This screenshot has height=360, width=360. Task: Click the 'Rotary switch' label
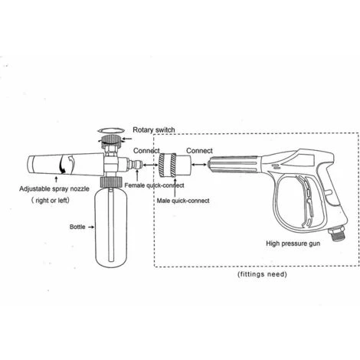click(x=154, y=129)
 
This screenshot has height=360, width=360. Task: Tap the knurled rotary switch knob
click(x=110, y=140)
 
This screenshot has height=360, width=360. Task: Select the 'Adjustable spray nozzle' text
click(x=54, y=189)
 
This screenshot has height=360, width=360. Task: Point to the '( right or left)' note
click(x=51, y=200)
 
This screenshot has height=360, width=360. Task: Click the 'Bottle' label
click(x=77, y=227)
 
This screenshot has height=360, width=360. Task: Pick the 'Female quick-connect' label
click(x=154, y=185)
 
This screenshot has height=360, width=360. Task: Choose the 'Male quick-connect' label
click(x=183, y=201)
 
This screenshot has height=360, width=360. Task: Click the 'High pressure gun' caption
click(x=293, y=244)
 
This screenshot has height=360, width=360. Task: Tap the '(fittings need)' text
click(x=262, y=274)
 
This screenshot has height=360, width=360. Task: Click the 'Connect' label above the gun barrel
click(x=199, y=151)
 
